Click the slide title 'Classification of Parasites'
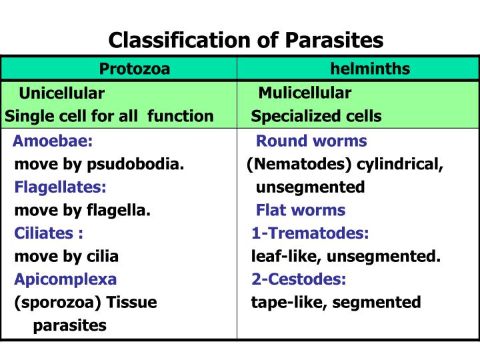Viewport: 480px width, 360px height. coord(246,40)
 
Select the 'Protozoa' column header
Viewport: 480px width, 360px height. coord(135,69)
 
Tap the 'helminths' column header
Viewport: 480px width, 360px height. coord(370,69)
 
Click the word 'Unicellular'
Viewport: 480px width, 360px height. coord(61,93)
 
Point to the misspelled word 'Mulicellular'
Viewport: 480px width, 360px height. coord(305,93)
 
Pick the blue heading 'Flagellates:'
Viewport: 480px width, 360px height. coord(61,187)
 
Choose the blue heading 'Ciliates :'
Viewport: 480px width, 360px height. coord(49,234)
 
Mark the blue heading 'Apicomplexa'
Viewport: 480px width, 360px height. coord(65,279)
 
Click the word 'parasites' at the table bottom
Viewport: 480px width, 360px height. coord(70,325)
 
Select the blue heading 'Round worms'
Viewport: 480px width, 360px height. coord(311,141)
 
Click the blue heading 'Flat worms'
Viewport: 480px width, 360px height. coord(301,211)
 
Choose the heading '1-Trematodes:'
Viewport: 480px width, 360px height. coord(310,234)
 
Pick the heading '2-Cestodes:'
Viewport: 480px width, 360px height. coord(299,279)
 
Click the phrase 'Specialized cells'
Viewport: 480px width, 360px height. coord(316,116)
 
